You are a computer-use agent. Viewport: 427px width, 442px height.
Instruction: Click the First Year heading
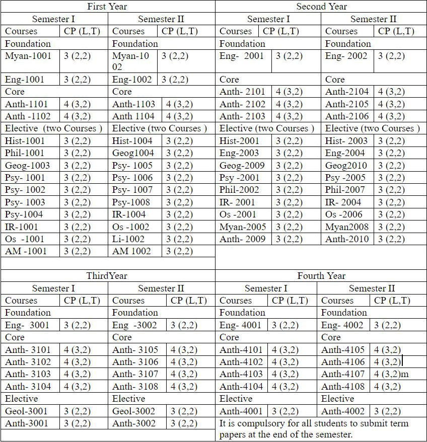(x=107, y=7)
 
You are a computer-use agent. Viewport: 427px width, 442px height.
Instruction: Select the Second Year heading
(x=321, y=7)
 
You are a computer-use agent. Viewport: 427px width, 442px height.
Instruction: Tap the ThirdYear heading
(x=107, y=276)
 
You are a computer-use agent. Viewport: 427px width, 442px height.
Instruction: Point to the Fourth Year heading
(x=321, y=276)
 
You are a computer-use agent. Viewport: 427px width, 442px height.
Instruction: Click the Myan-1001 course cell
(x=29, y=56)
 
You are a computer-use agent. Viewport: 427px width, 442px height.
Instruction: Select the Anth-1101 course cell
(x=27, y=104)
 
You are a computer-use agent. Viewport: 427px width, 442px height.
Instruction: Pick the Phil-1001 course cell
(x=25, y=153)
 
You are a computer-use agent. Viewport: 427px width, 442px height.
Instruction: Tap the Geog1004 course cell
(x=133, y=153)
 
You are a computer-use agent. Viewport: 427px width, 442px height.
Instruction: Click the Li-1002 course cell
(x=128, y=239)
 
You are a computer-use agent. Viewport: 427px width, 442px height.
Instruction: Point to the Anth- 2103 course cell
(x=242, y=116)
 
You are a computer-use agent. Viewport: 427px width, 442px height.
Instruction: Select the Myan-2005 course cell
(x=243, y=227)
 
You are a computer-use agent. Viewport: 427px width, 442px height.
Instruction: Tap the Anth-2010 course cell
(x=347, y=239)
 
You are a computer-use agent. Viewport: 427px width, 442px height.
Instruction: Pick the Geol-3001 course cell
(x=27, y=411)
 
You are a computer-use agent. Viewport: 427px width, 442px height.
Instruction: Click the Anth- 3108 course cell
(x=135, y=387)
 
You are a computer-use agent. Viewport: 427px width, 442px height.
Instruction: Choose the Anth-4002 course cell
(x=344, y=411)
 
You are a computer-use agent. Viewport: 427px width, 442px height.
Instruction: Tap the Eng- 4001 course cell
(x=242, y=325)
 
